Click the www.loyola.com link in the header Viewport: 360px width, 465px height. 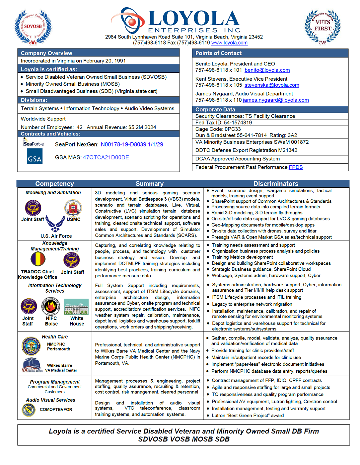[x=229, y=43]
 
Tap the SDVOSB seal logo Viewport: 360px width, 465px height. [x=33, y=27]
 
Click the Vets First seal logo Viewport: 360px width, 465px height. [x=323, y=27]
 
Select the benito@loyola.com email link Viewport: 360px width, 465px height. [x=267, y=70]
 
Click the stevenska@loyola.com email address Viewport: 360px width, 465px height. [x=272, y=85]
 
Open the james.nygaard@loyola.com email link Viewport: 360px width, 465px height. [x=276, y=100]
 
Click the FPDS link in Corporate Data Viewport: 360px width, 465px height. [x=296, y=167]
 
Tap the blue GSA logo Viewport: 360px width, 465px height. [x=35, y=156]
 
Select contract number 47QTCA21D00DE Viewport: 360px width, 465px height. [x=106, y=157]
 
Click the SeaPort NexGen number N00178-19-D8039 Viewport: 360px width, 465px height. [x=123, y=144]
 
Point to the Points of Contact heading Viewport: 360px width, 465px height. [x=218, y=53]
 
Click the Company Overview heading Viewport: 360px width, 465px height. [x=46, y=53]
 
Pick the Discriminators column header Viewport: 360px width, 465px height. [x=276, y=184]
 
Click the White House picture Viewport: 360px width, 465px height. [x=76, y=307]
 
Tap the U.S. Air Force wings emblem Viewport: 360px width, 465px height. [x=55, y=224]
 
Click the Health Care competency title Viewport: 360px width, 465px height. [x=55, y=337]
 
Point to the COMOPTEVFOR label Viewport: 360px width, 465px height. [x=56, y=410]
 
